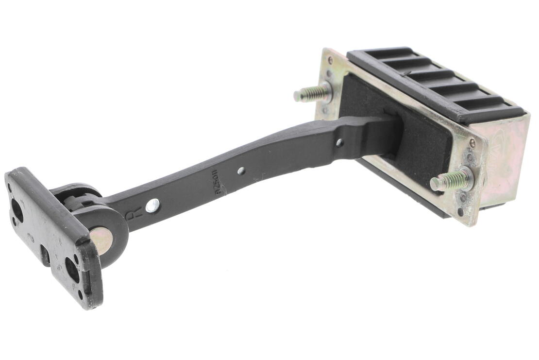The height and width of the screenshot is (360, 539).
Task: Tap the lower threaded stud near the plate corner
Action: [x=451, y=181]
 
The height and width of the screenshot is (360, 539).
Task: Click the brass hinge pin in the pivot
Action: [x=101, y=240]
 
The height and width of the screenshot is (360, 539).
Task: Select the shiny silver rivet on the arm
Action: [x=152, y=206]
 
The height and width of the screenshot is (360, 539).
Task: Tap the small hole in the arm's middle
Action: [x=241, y=171]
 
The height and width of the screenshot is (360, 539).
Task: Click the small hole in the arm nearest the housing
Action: [x=339, y=143]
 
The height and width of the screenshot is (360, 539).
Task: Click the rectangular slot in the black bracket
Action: [x=45, y=255]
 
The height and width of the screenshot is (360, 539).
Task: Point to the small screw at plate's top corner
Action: [x=330, y=60]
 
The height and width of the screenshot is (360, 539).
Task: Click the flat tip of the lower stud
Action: [x=434, y=184]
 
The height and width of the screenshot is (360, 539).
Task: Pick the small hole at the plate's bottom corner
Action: [x=460, y=212]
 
